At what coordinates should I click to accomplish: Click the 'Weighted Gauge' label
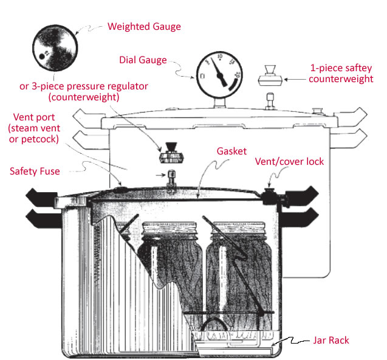tap(144, 27)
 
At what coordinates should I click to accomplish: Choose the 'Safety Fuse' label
tap(34, 171)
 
